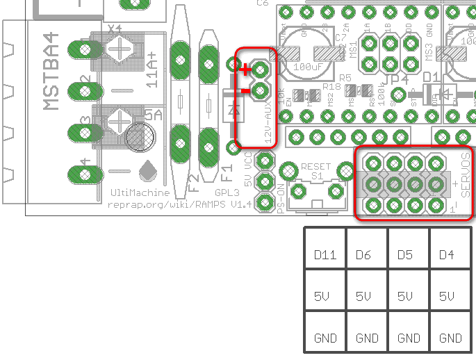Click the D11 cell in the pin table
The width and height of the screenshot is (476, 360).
[325, 256]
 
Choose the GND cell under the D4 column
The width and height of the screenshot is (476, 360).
[450, 338]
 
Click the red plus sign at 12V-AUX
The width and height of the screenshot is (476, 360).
[245, 69]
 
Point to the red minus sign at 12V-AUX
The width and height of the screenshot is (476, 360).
[245, 89]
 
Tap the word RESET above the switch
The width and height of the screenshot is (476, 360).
[317, 167]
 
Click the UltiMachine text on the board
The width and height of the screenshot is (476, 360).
[140, 193]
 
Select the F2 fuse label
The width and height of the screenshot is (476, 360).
[194, 179]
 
